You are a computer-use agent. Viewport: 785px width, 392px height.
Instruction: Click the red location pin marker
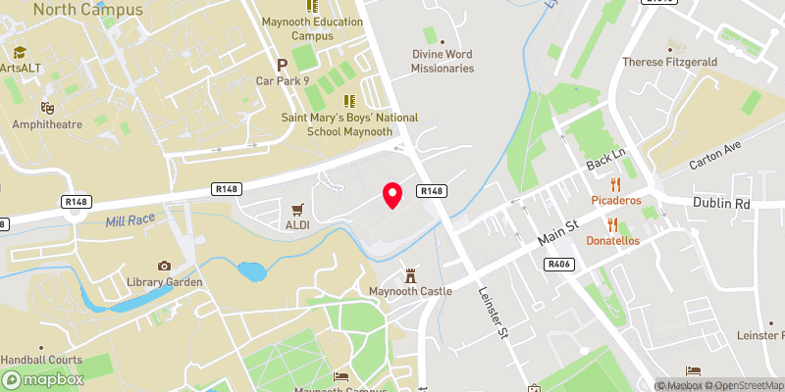[x=392, y=195]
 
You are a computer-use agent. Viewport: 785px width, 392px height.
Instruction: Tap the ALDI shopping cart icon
[x=296, y=209]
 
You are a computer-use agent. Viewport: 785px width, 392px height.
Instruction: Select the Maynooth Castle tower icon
[x=410, y=273]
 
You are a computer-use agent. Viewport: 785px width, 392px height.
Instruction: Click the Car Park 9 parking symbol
[x=283, y=65]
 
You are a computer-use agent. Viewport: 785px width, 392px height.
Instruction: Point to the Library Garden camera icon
[x=164, y=266]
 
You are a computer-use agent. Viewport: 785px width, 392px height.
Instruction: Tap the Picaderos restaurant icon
[x=616, y=183]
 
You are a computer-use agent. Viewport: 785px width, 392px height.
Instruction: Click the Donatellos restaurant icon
[x=612, y=223]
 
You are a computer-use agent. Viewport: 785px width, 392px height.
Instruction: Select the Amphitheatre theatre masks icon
[x=46, y=107]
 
